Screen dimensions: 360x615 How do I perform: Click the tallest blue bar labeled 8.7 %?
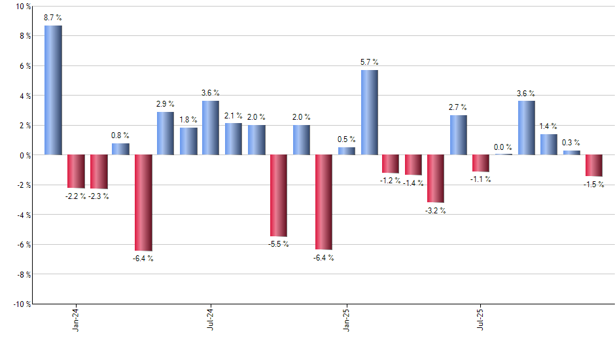tap(53, 90)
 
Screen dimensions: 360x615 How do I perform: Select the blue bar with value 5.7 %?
tap(369, 113)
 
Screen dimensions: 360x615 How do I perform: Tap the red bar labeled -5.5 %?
tap(279, 196)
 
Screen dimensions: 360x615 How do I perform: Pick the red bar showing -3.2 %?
tap(436, 179)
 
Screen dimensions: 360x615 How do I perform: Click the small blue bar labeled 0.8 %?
tap(120, 149)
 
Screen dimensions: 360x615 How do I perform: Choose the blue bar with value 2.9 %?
tap(166, 134)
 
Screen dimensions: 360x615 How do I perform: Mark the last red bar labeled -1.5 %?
tap(594, 166)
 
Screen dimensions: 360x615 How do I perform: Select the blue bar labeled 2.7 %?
tap(459, 135)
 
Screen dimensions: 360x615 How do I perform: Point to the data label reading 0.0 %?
tap(504, 148)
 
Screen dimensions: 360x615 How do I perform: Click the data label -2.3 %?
tap(98, 196)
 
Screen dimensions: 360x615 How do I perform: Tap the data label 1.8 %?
tap(188, 120)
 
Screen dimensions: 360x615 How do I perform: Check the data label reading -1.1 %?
tap(481, 179)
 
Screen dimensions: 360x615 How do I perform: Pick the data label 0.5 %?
tap(347, 139)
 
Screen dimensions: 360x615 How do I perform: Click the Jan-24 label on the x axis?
tap(76, 319)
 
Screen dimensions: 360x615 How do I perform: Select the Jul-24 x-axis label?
tap(211, 319)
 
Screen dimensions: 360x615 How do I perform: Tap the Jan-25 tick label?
tap(346, 319)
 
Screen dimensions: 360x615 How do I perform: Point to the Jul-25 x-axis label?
tap(481, 319)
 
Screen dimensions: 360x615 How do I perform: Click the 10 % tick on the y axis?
tap(22, 7)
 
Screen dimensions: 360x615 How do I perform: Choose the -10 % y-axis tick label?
tap(21, 304)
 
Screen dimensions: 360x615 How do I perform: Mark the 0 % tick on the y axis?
tap(24, 155)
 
